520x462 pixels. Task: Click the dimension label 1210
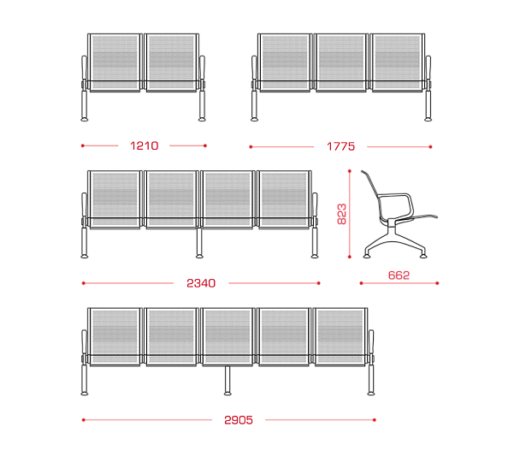point(145,145)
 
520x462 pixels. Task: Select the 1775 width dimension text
point(340,146)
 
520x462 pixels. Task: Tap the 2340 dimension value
point(201,283)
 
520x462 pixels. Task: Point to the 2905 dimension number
point(239,420)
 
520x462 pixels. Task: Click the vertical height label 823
point(341,214)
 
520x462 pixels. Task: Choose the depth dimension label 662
point(399,275)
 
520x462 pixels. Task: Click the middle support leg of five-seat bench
point(227,380)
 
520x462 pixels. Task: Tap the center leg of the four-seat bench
point(199,242)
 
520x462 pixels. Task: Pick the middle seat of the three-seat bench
point(341,62)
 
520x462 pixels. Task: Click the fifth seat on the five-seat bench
point(340,337)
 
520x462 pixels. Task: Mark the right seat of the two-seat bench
point(171,62)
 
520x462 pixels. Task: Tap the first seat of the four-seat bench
point(115,199)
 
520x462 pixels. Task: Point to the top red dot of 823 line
point(350,171)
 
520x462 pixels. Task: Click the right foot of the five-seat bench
point(371,394)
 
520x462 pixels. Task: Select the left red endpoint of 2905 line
point(84,420)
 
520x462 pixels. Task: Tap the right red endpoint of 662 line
point(437,283)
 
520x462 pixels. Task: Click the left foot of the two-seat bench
point(85,119)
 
